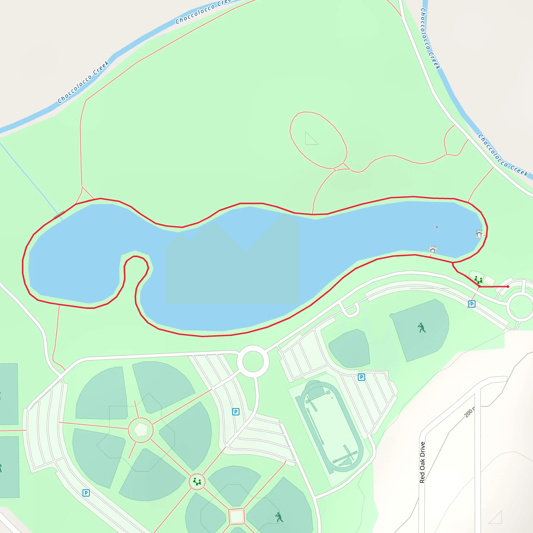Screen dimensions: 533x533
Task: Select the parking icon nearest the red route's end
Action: click(x=472, y=304)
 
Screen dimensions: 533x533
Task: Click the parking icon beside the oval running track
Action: click(x=361, y=377)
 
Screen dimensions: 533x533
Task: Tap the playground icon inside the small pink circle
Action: click(x=197, y=482)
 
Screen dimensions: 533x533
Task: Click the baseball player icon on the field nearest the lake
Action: click(x=422, y=328)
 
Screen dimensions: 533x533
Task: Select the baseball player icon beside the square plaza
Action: click(x=279, y=517)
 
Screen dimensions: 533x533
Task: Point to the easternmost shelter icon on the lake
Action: click(x=479, y=234)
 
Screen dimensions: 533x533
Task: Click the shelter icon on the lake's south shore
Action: click(x=433, y=250)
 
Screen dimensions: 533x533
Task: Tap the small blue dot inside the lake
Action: click(x=437, y=227)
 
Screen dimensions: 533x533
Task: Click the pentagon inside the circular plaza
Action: click(x=141, y=430)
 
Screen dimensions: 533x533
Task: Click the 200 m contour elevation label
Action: click(x=469, y=413)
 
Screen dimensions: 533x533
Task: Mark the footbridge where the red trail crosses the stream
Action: click(x=59, y=215)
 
